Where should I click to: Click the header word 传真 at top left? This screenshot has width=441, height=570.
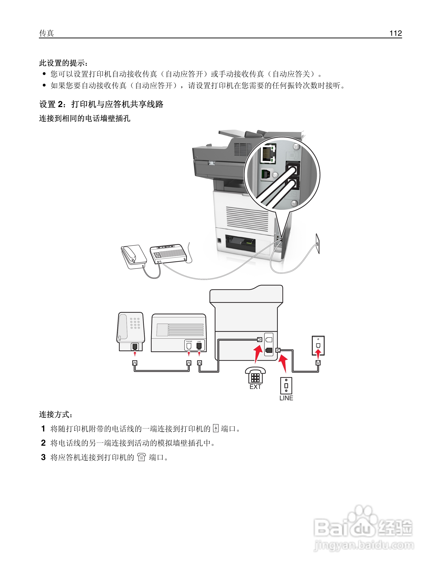(46, 33)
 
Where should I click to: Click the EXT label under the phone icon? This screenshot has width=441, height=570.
(255, 387)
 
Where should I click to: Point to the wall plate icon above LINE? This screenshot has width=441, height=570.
(286, 385)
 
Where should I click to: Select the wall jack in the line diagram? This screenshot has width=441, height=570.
(318, 345)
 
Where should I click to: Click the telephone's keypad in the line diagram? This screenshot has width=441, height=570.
(135, 323)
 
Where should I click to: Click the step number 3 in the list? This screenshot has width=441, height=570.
(43, 457)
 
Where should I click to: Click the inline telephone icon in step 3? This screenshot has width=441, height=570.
(141, 457)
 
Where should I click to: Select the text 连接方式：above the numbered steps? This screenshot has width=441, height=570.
(56, 414)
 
